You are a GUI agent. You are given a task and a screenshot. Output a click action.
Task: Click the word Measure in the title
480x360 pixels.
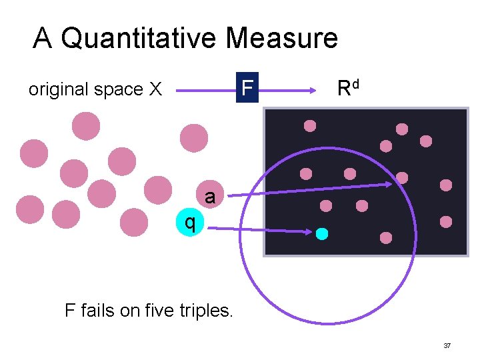point(281,38)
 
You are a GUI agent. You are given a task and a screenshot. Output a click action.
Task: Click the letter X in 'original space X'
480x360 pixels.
point(155,89)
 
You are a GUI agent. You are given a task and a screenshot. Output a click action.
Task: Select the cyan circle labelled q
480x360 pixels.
point(189,223)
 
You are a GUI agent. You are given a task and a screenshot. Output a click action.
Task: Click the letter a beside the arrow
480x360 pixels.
point(210,197)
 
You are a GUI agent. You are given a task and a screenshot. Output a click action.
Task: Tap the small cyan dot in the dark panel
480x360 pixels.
point(322,233)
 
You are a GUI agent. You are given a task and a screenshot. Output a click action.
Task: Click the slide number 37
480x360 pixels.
point(447,346)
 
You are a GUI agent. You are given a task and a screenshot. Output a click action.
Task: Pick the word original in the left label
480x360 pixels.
point(57,89)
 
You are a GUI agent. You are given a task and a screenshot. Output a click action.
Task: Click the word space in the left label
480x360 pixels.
point(115,90)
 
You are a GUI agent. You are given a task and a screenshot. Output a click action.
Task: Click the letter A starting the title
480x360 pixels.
point(43,38)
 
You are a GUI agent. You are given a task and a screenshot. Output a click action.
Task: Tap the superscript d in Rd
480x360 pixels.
point(357,83)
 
